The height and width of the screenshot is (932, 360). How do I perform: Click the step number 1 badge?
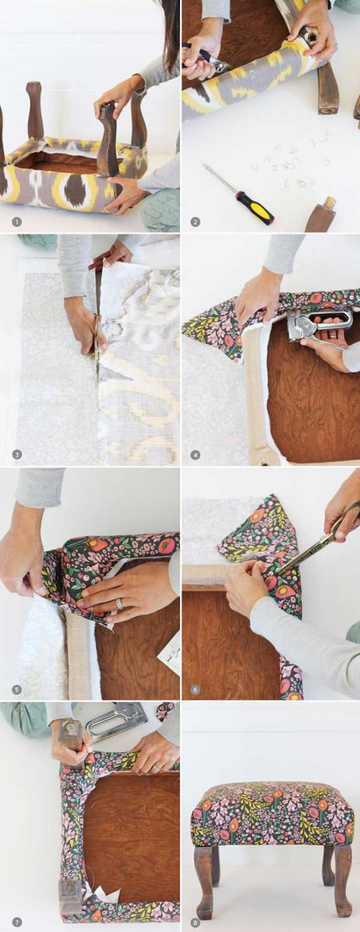point(17,222)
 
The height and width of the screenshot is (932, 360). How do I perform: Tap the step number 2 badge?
point(195,222)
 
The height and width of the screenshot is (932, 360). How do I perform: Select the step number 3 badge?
point(17,455)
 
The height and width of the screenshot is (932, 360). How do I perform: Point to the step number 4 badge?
point(195,455)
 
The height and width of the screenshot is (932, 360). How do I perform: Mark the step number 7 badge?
point(17,921)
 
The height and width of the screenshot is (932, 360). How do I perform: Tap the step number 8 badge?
point(195,921)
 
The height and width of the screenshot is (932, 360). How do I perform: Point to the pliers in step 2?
point(209,58)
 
